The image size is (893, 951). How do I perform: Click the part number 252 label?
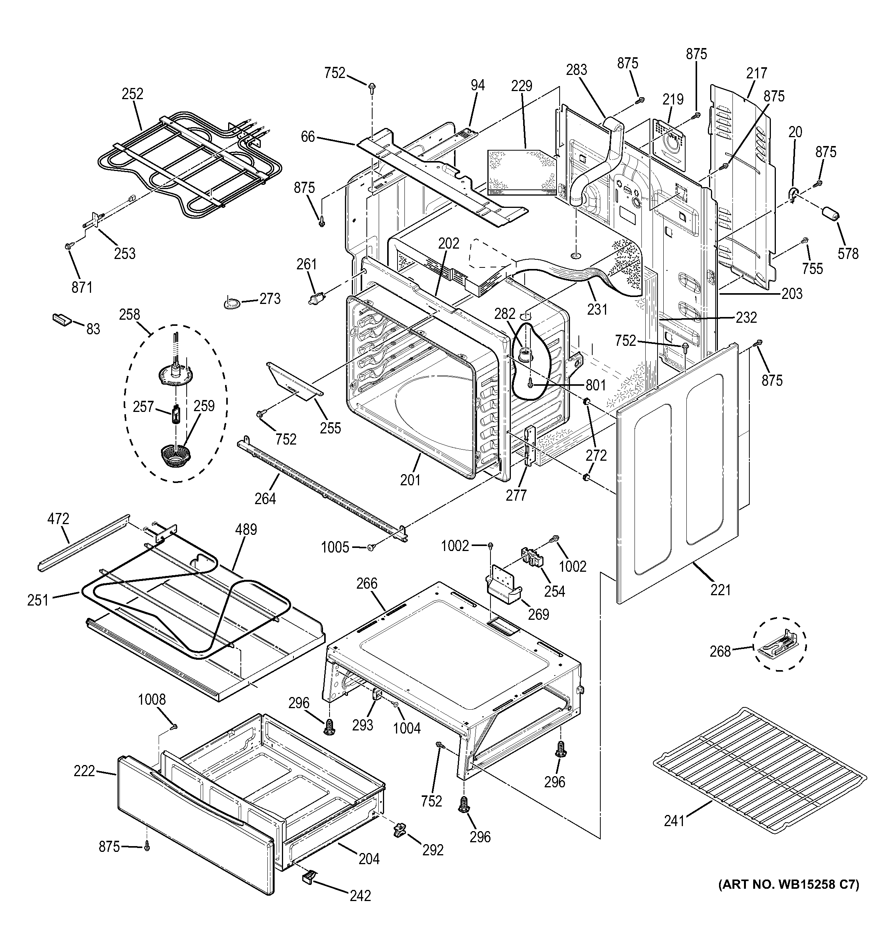coord(133,93)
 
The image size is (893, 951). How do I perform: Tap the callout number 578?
coord(848,254)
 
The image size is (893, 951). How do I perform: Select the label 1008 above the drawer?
coord(152,700)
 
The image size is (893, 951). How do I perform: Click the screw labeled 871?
coord(68,246)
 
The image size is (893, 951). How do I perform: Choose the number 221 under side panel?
coord(721,590)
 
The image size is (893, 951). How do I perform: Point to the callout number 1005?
coord(335,547)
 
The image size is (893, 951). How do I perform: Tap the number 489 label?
coord(246,529)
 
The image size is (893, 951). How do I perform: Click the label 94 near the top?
coord(477,85)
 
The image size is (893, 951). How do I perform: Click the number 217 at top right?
coord(756,73)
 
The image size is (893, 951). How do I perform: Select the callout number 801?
coord(595,385)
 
